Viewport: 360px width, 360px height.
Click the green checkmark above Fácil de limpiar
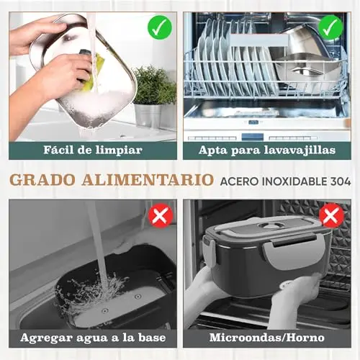tap(160, 27)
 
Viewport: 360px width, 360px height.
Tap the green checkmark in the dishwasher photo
tap(331, 27)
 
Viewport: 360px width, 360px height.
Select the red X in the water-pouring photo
tap(161, 215)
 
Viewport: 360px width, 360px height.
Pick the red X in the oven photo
tap(332, 215)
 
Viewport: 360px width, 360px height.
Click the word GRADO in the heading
tap(42, 180)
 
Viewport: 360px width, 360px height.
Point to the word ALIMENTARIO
tap(148, 180)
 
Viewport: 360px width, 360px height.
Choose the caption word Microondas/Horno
tap(267, 338)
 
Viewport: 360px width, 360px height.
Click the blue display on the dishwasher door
tap(253, 137)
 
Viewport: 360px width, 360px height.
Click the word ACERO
tap(240, 181)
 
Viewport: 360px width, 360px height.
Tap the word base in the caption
tap(152, 338)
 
